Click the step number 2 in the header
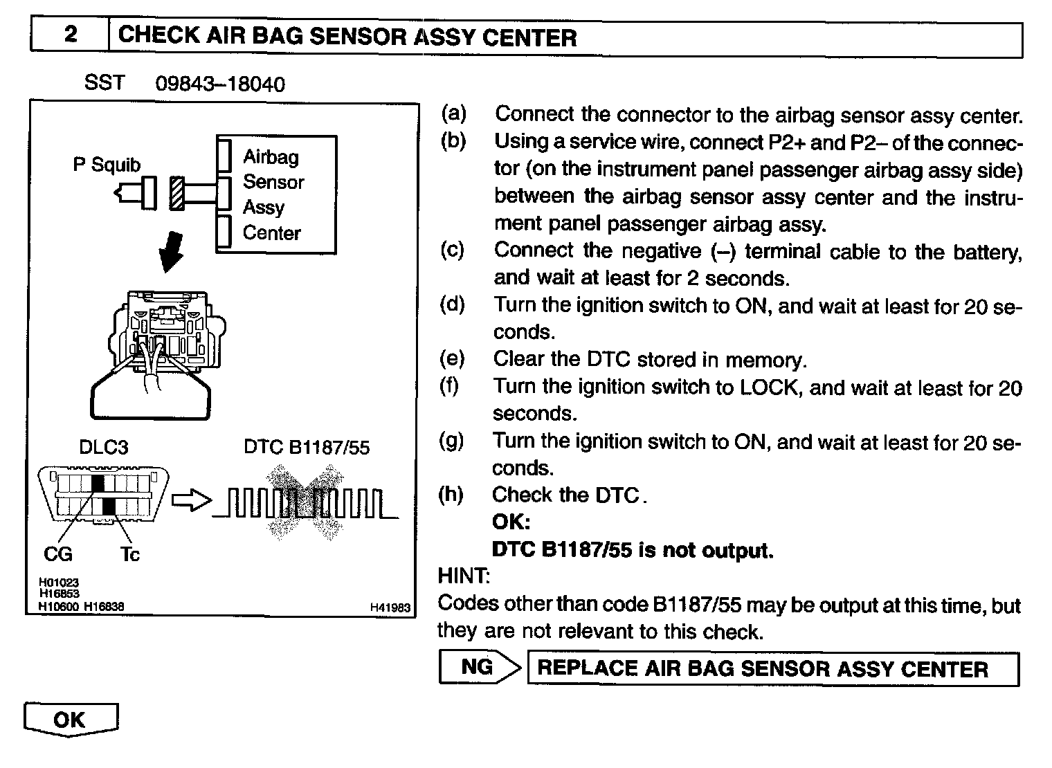(x=70, y=35)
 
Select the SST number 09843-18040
(x=219, y=84)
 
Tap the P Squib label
(x=107, y=165)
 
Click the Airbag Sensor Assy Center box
(x=276, y=195)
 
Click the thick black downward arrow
(x=172, y=253)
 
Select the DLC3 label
(x=103, y=448)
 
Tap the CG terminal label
(x=57, y=554)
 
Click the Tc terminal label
(x=129, y=554)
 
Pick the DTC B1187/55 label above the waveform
(x=307, y=448)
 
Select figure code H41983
(x=390, y=607)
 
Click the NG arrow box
(x=479, y=668)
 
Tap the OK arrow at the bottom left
(x=71, y=720)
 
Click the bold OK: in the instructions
(x=511, y=522)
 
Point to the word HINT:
(x=464, y=576)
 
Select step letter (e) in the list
(x=452, y=359)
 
